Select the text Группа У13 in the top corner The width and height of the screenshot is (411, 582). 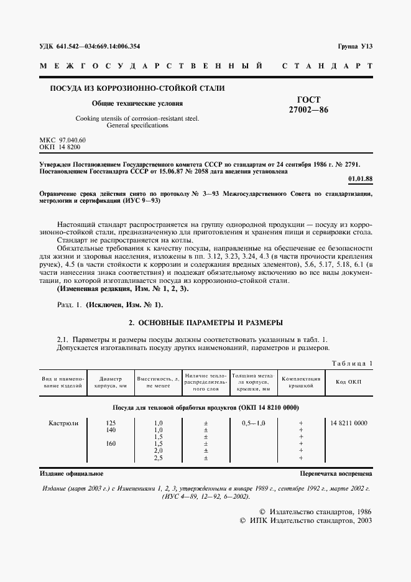354,47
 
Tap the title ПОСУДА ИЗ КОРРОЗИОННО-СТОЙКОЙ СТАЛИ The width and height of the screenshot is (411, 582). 137,88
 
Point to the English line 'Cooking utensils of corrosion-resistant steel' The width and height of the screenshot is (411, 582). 137,118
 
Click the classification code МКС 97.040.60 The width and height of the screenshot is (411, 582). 63,140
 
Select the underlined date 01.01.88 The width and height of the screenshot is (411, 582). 360,179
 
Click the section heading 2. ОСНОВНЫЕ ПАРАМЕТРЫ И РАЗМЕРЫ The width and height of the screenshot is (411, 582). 205,323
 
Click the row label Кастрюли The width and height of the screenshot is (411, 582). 63,423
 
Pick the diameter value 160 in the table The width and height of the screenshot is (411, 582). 110,443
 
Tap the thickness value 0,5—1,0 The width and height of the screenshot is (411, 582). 252,423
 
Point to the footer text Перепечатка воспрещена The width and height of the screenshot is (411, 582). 336,473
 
